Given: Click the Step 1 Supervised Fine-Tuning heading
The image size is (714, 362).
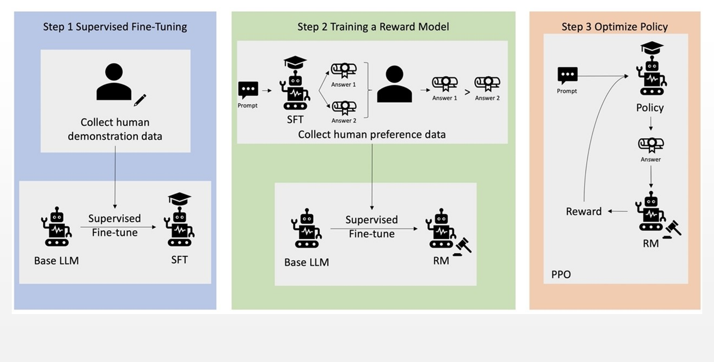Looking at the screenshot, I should [x=115, y=27].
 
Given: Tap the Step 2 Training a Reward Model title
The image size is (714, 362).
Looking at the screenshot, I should [x=373, y=27].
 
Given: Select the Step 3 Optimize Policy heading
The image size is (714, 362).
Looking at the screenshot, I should [x=614, y=27].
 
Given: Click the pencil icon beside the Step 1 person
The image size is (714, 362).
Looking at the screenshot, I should [x=139, y=100].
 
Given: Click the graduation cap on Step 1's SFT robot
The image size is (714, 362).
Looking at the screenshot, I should [x=180, y=198].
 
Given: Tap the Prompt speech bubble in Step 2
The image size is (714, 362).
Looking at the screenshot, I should [x=248, y=90].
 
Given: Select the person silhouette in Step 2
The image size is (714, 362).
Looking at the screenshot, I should [x=394, y=85].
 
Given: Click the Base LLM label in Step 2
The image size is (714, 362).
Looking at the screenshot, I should [x=306, y=262].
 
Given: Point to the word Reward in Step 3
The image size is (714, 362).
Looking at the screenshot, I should [x=584, y=211].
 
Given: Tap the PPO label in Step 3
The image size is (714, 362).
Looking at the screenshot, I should [x=561, y=275].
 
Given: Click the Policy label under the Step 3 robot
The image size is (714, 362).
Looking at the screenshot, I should [x=650, y=108].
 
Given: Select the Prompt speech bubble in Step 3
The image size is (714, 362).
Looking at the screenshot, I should [x=567, y=76].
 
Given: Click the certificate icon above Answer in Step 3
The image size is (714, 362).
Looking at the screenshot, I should [x=650, y=144].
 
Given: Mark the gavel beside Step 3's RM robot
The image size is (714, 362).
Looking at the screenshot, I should [x=672, y=228].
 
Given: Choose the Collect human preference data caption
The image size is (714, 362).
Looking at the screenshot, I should [x=372, y=135].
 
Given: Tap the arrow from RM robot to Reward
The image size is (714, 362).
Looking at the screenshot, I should [x=619, y=211].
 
